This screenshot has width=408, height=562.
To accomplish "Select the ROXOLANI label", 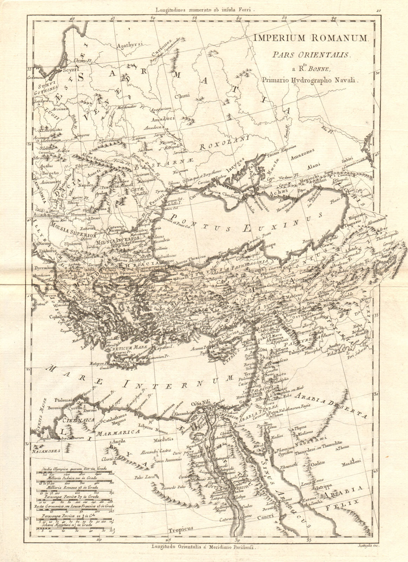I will click(x=224, y=144).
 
